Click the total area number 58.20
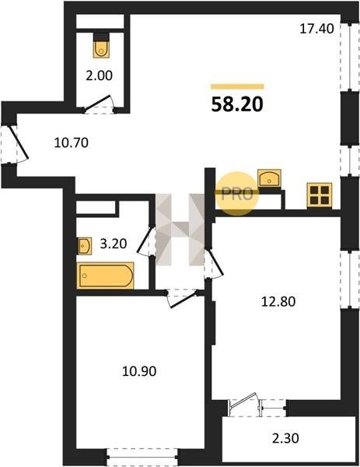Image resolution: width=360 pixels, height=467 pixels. point(237,104)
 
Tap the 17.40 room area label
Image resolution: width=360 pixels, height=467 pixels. point(316,29)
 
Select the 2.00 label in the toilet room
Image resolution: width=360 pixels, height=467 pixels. point(99,75)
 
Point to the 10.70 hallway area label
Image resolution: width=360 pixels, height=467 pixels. point(72,143)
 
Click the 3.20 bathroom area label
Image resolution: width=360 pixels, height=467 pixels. point(114,244)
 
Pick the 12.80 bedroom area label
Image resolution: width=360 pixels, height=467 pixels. point(278,302)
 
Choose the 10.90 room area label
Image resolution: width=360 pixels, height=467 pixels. point(139,371)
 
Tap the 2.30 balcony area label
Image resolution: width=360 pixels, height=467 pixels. point(285,438)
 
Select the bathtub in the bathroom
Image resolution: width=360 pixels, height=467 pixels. point(105,276)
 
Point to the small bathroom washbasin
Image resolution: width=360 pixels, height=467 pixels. point(85,246)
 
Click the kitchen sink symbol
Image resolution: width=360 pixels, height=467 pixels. point(269,177)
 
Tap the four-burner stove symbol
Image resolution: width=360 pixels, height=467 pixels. point(320,195)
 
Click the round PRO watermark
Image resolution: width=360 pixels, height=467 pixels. point(237,194)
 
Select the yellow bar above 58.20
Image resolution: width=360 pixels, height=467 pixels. point(237,86)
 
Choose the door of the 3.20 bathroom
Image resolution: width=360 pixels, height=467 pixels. point(145,241)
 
